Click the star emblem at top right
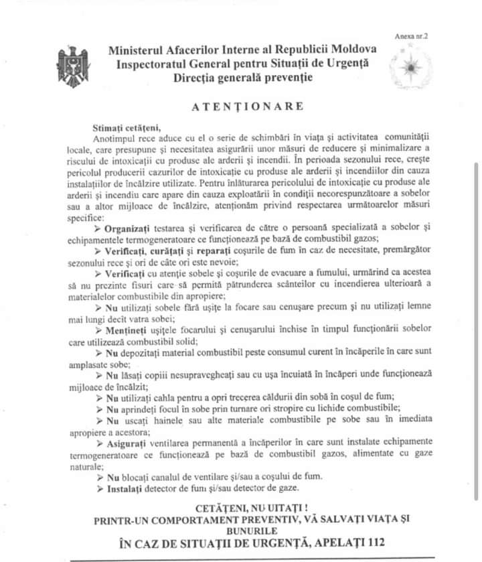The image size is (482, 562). pyautogui.click(x=408, y=68)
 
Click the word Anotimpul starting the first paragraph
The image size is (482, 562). pyautogui.click(x=120, y=137)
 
